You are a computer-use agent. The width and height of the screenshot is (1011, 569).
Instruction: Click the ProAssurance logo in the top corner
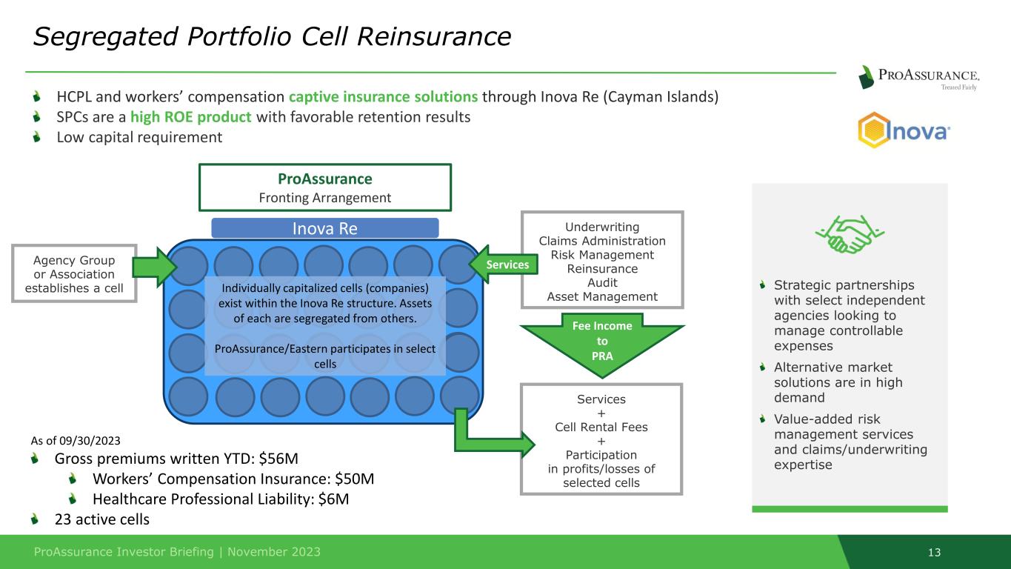[918, 77]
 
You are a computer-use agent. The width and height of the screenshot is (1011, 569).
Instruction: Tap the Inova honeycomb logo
[904, 130]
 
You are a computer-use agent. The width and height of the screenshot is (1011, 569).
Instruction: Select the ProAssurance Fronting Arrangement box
[325, 187]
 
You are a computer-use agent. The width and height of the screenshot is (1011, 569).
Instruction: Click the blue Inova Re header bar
[325, 228]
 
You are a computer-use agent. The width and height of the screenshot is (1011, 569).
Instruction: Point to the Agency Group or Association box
[75, 273]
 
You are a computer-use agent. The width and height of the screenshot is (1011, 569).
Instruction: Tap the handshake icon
[850, 234]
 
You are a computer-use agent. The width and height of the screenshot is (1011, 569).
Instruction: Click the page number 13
[934, 552]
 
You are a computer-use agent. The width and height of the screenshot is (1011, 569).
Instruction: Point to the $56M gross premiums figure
[278, 459]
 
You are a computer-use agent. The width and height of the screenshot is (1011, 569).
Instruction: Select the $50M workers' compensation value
[354, 479]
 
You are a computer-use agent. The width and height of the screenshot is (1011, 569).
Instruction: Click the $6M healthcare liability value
[333, 499]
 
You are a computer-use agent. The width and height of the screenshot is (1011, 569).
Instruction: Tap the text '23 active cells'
[102, 519]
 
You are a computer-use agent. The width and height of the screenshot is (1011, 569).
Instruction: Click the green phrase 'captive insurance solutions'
[383, 96]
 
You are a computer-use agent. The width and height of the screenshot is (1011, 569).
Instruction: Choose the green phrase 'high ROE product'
[190, 117]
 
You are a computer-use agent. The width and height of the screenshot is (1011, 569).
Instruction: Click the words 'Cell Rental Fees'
[601, 427]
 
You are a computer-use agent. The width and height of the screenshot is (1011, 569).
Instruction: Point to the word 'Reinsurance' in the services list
[602, 269]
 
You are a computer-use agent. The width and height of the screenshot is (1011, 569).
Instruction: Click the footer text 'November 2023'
[273, 552]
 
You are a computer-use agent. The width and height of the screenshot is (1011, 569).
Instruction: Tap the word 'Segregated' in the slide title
[106, 36]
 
